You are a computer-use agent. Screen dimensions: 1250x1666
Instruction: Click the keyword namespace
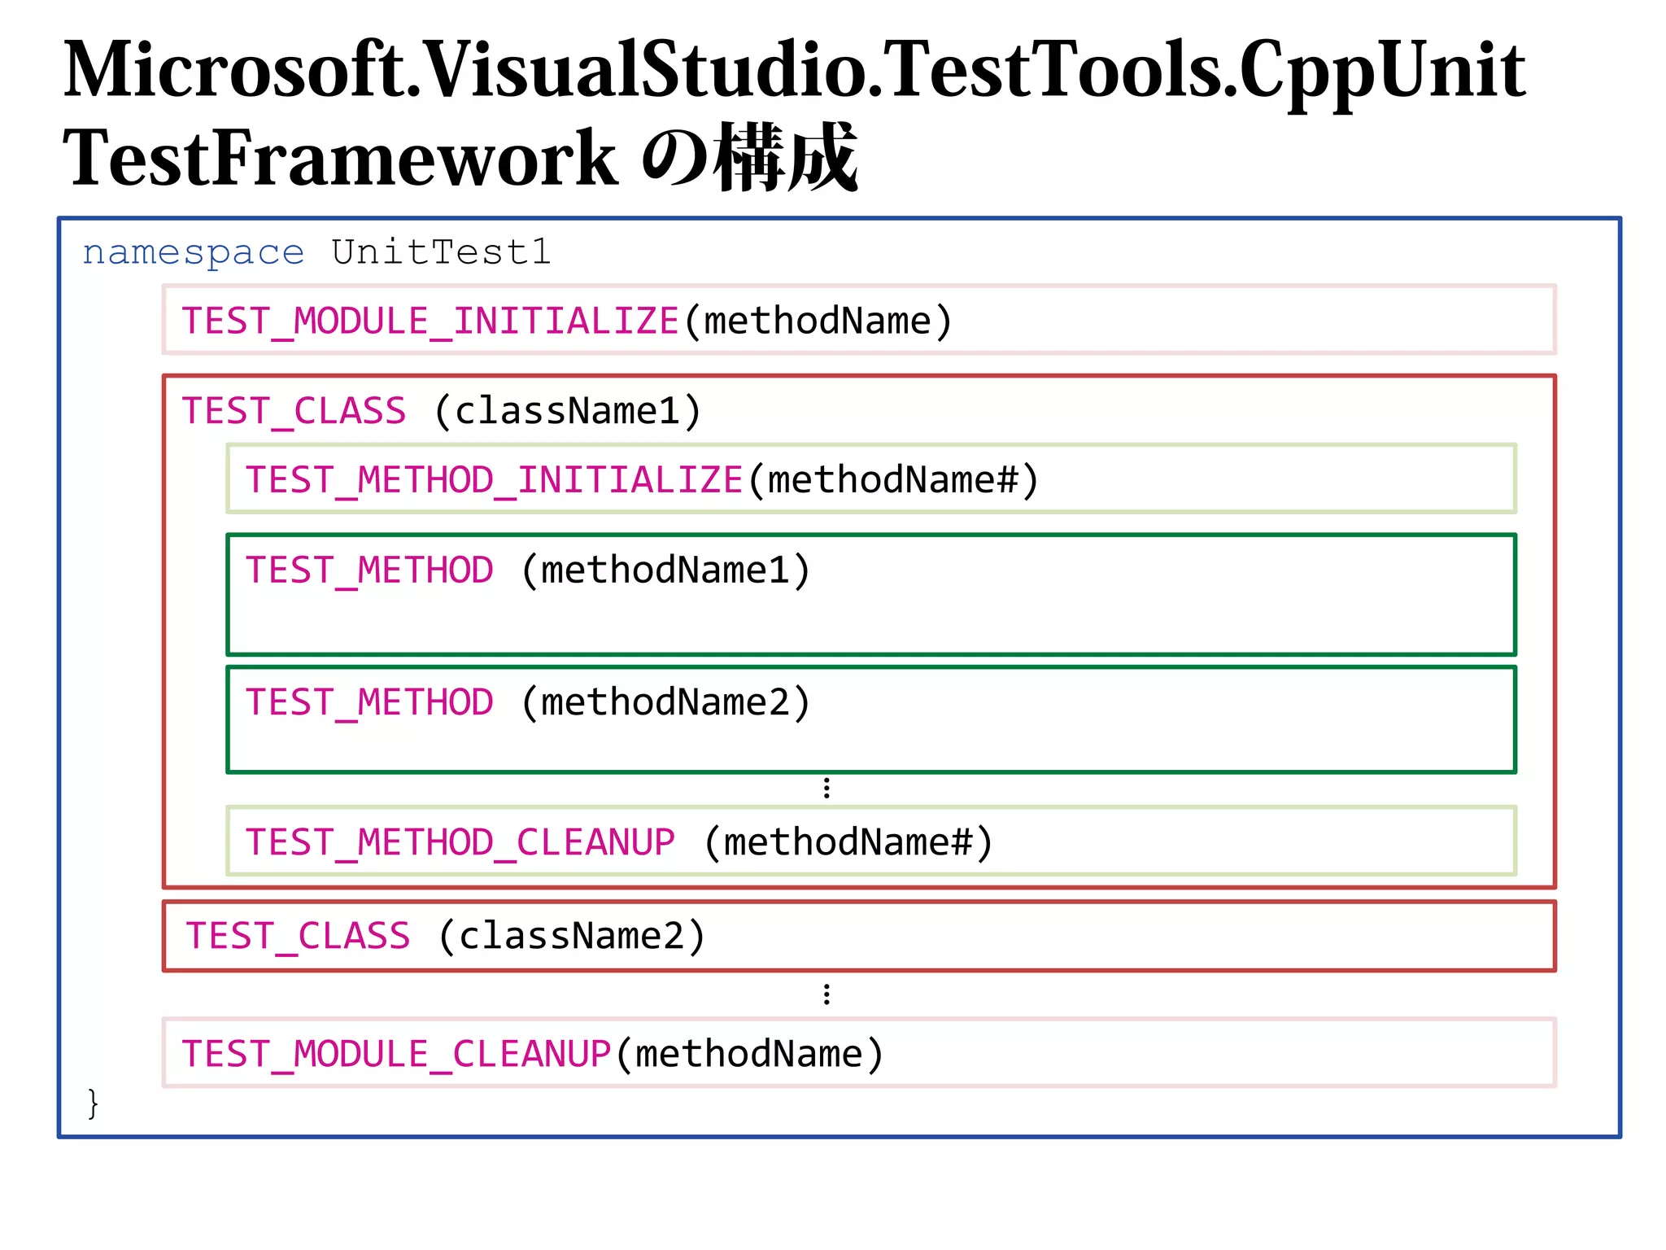pos(194,253)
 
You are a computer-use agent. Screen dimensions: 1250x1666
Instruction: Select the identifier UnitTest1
pos(442,252)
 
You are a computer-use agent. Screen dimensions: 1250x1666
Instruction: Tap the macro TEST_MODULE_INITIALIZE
pos(430,321)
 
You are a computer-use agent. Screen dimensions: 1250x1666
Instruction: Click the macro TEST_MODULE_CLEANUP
pos(396,1055)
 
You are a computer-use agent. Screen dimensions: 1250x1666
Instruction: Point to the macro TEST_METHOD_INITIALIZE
pos(494,480)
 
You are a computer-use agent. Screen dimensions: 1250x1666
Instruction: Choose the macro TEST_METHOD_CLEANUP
pos(460,842)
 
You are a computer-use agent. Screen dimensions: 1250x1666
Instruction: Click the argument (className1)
pos(568,411)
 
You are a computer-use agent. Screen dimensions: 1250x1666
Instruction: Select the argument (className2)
pos(572,937)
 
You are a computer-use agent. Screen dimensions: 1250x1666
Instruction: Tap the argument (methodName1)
pos(665,570)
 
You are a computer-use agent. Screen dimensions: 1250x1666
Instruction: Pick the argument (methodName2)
pos(665,703)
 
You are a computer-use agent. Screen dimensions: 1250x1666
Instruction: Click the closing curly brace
pos(93,1104)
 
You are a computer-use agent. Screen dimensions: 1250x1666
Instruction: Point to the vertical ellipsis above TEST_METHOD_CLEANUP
pos(826,788)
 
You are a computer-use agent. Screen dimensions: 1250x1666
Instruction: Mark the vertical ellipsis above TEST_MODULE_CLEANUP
pos(826,994)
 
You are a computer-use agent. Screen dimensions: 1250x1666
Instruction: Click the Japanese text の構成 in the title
pos(748,158)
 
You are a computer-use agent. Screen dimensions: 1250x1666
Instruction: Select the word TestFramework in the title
pos(340,158)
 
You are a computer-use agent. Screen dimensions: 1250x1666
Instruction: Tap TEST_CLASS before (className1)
pos(294,411)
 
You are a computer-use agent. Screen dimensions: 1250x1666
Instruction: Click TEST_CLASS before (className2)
pos(298,937)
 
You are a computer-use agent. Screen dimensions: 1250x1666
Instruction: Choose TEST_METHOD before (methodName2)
pos(369,703)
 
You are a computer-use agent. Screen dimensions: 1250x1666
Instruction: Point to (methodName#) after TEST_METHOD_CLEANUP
pos(848,842)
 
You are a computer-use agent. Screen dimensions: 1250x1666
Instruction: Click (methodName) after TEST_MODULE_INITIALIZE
pos(818,321)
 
